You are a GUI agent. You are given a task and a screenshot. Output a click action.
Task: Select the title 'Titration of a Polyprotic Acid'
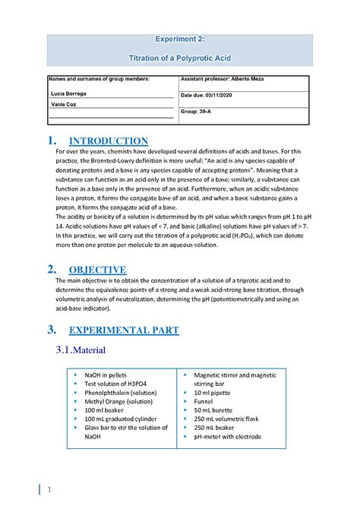(180, 57)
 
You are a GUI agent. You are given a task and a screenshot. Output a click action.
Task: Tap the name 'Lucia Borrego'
(68, 93)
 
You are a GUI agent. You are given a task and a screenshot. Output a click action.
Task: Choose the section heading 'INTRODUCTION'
(108, 141)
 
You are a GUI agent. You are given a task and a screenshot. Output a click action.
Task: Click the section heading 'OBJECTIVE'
(97, 270)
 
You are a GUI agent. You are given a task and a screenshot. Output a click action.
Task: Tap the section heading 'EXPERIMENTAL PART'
(124, 330)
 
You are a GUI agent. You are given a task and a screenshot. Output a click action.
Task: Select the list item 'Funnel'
(205, 401)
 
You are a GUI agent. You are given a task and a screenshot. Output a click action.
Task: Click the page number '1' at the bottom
(49, 490)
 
